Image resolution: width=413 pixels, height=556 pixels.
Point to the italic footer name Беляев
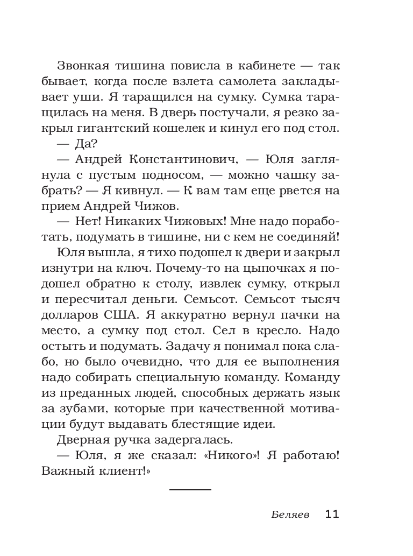[x=290, y=514]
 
